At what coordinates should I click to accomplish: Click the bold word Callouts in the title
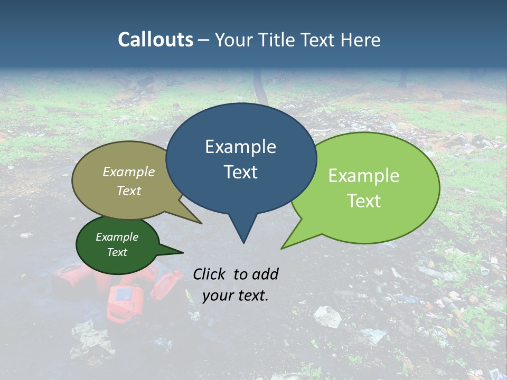pyautogui.click(x=155, y=40)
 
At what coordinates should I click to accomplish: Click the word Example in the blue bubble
pyautogui.click(x=240, y=147)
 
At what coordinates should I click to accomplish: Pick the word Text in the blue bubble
pyautogui.click(x=240, y=172)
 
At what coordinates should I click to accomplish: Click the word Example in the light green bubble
pyautogui.click(x=364, y=176)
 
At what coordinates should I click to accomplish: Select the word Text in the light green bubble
pyautogui.click(x=364, y=201)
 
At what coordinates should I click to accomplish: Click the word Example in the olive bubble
pyautogui.click(x=129, y=172)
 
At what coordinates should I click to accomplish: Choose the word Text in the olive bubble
pyautogui.click(x=129, y=191)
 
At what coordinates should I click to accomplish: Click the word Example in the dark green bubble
pyautogui.click(x=117, y=237)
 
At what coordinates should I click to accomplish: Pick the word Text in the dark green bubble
pyautogui.click(x=117, y=252)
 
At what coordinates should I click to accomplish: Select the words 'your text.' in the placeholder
pyautogui.click(x=235, y=296)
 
